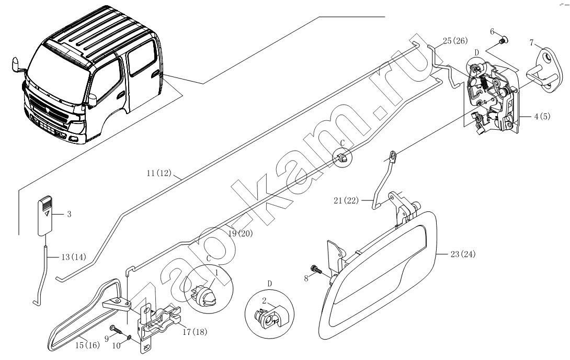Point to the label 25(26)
click(x=455, y=41)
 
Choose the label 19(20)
click(x=240, y=233)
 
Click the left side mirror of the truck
click(x=17, y=66)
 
